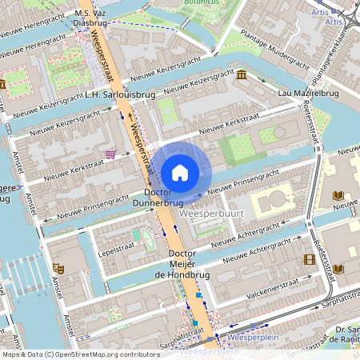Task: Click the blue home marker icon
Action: tap(180, 172)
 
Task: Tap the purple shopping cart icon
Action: tap(110, 154)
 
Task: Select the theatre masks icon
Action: tap(57, 267)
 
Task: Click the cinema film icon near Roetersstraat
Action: tap(309, 259)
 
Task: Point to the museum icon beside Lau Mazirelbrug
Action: tap(242, 75)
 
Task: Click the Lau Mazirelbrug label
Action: tap(308, 94)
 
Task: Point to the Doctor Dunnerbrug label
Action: tap(164, 198)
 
